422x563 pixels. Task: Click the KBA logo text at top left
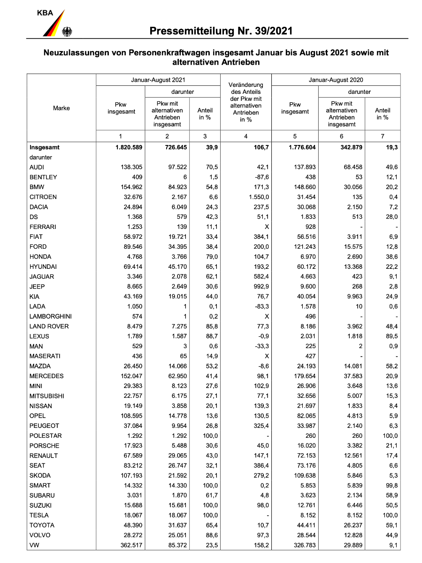(x=46, y=13)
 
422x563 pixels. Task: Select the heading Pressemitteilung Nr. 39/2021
(x=221, y=31)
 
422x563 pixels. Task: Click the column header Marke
(x=61, y=108)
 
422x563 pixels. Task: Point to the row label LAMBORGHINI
(x=50, y=316)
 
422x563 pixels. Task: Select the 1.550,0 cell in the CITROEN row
(x=254, y=197)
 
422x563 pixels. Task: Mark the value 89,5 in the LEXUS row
(x=391, y=336)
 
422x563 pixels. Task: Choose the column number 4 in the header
(x=247, y=136)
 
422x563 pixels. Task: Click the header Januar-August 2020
(x=336, y=80)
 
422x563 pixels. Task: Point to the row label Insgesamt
(x=45, y=147)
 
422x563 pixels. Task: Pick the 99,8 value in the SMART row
(x=391, y=486)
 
